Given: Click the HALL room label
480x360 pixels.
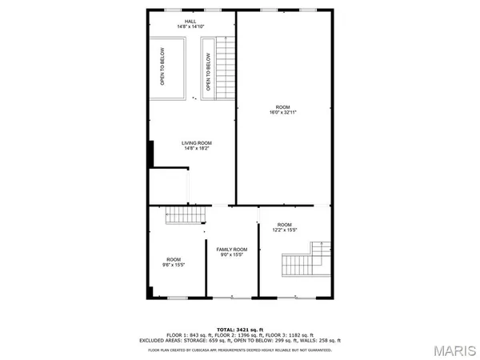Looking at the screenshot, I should (190, 22).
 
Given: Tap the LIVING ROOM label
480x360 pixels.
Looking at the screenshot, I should (198, 142).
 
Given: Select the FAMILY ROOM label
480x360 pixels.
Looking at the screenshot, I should (232, 250).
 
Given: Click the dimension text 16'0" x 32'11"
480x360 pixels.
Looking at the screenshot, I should (283, 113).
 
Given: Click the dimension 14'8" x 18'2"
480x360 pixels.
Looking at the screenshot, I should (198, 148).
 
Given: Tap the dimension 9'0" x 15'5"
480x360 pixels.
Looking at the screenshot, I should (232, 255).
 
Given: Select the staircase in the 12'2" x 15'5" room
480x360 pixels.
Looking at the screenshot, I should (304, 261).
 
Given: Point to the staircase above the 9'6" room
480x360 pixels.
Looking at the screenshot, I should (183, 214).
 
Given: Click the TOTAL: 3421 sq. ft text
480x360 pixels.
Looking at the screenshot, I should (240, 330).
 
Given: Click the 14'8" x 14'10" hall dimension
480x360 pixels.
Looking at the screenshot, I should (190, 27).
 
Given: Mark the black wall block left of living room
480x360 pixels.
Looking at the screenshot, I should (150, 154).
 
